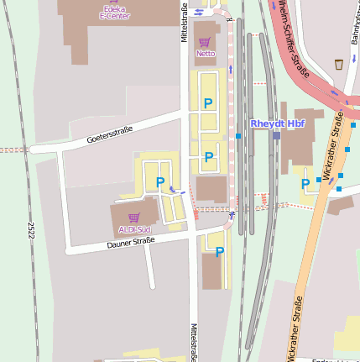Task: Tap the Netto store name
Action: coord(206,53)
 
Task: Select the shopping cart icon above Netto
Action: coord(205,41)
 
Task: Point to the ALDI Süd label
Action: coord(133,228)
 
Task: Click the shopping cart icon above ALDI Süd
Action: coord(133,217)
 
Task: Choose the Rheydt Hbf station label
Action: coord(278,123)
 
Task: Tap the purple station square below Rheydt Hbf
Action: coord(276,135)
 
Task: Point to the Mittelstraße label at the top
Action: coord(183,22)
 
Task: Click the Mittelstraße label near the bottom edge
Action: coord(193,342)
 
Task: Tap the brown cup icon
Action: coord(338,64)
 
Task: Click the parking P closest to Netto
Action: coord(208,103)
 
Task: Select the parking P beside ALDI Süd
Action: coord(160,182)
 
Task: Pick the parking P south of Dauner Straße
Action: coord(220,251)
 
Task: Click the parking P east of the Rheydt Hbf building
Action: coord(305,183)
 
